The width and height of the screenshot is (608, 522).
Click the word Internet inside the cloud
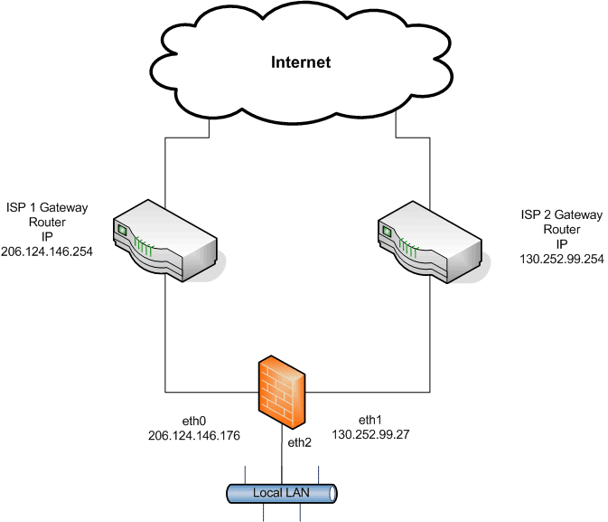[302, 62]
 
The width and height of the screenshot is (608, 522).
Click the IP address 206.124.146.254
[47, 251]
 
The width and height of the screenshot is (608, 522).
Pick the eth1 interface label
[371, 420]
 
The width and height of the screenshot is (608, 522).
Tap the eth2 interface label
[299, 443]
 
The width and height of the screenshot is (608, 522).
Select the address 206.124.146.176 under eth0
[194, 436]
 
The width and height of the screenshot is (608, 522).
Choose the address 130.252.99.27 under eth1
[371, 434]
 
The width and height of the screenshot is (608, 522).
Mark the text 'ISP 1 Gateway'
[47, 207]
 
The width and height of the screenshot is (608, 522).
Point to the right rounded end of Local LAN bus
[333, 493]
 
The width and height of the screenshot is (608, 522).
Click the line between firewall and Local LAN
[282, 457]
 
